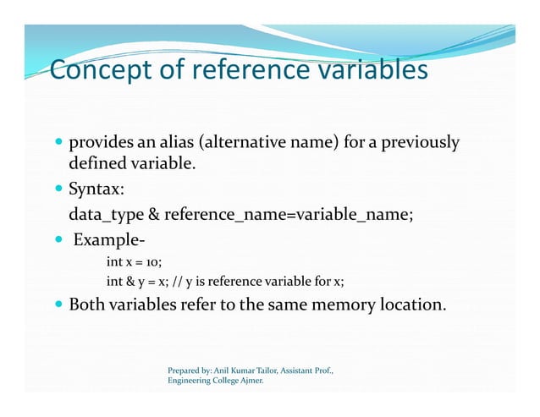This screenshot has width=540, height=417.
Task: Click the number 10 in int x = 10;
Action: [153, 262]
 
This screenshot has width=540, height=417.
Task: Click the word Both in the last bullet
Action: [85, 305]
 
